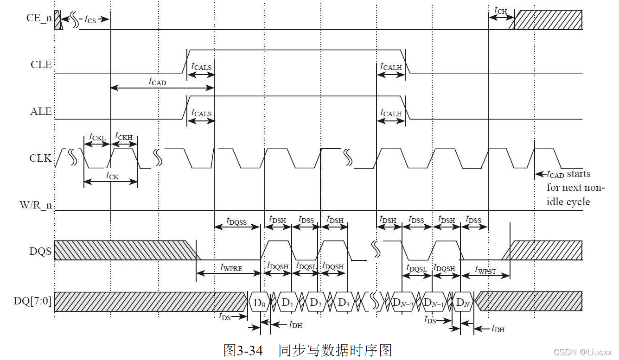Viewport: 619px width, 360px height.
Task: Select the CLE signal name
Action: (x=41, y=64)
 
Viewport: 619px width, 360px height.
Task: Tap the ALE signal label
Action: (x=41, y=112)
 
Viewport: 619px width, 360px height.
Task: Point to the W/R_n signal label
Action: (x=35, y=205)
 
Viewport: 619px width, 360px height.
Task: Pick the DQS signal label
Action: (x=40, y=252)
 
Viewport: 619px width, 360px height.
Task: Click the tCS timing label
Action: (x=90, y=19)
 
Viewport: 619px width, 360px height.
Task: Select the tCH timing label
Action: (x=501, y=10)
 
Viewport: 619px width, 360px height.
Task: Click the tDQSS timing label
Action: (x=236, y=221)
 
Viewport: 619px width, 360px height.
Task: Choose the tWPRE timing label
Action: (x=231, y=267)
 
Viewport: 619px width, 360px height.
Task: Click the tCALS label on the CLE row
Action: (x=201, y=67)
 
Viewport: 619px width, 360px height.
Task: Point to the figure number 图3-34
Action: (x=243, y=350)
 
